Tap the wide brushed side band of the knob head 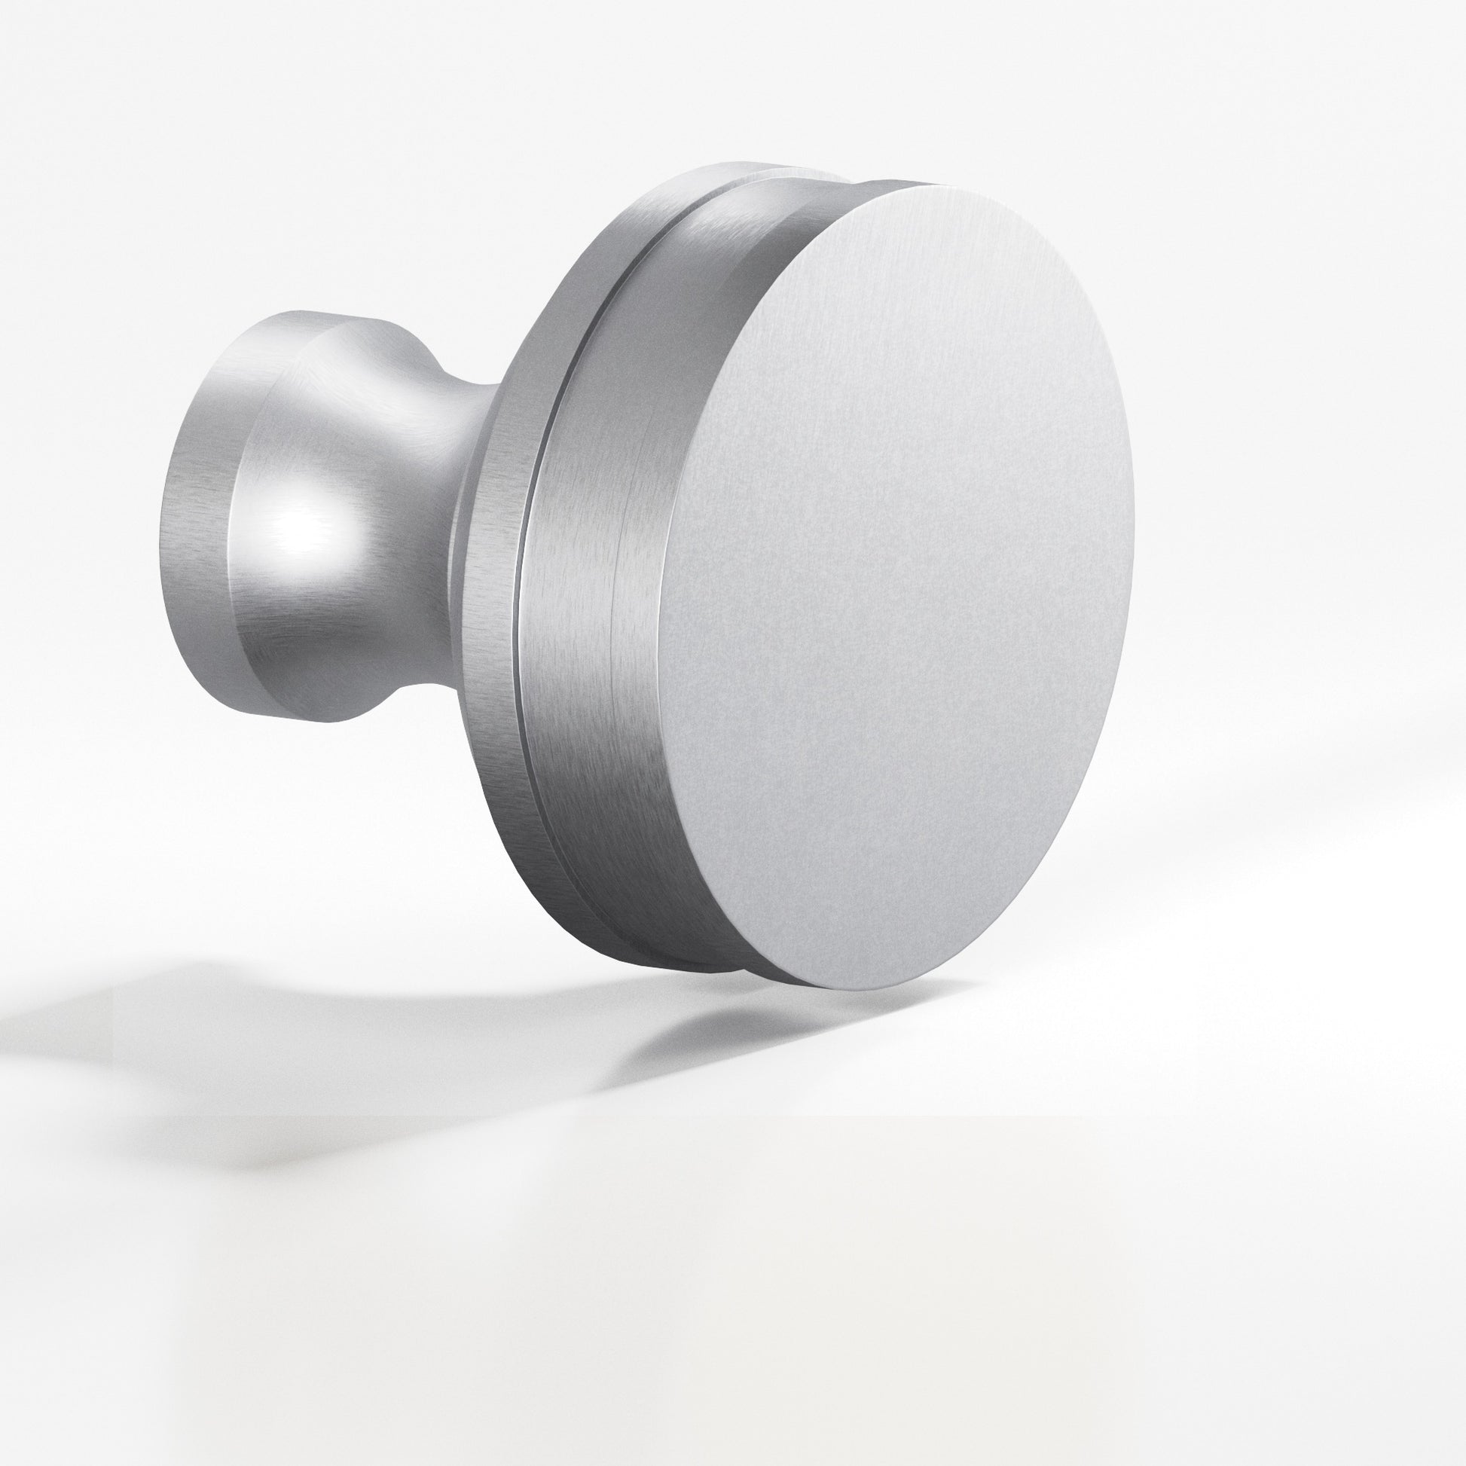(x=600, y=607)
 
